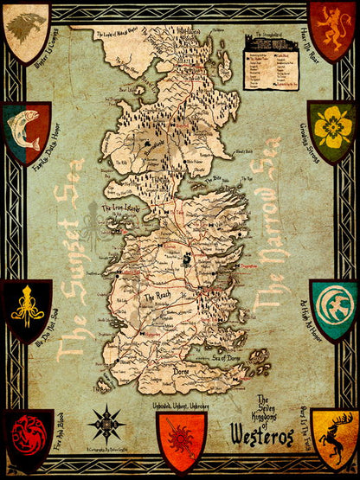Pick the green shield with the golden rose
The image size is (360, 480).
coord(333,127)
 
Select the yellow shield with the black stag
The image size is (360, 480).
coord(334,440)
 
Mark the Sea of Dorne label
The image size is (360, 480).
coord(230,355)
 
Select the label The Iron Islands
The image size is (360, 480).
coord(122,208)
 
